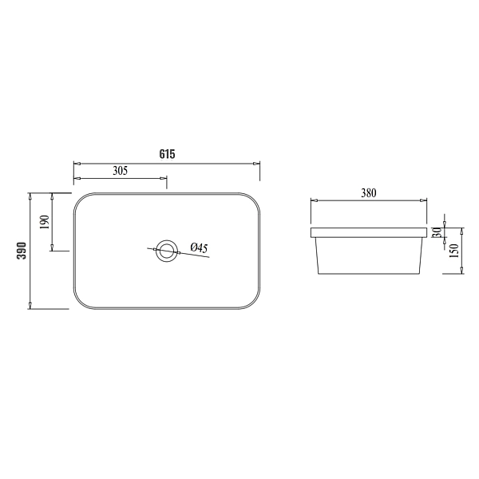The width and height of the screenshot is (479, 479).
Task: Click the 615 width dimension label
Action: point(167,154)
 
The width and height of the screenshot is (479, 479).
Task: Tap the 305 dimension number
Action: point(121,171)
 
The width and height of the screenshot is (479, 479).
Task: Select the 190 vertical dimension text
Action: point(45,221)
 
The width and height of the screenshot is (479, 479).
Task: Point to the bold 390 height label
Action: point(22,250)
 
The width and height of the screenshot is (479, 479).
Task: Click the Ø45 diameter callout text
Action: point(199,249)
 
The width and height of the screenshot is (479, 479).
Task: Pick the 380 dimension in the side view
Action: point(368,192)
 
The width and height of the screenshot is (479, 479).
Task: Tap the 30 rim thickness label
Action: point(437,232)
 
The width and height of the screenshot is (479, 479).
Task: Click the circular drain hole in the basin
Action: point(167,251)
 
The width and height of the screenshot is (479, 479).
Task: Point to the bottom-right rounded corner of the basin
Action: point(254,303)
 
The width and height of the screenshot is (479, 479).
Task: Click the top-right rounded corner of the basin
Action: point(254,199)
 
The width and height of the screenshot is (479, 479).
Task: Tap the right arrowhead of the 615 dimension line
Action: point(257,164)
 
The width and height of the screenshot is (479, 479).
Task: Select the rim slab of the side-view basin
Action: point(368,232)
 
